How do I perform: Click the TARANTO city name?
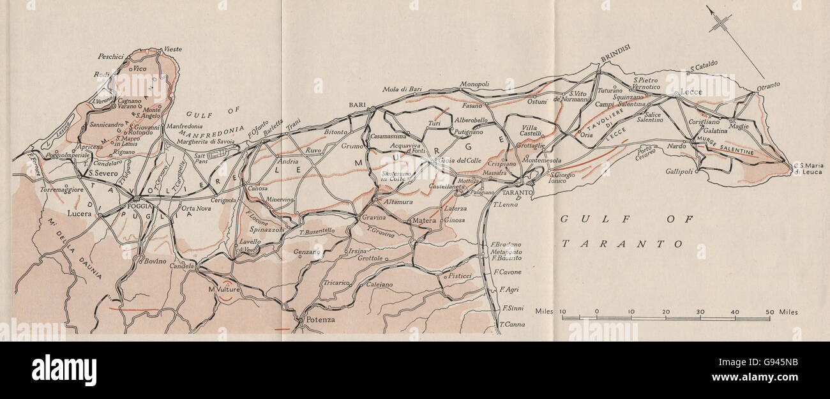click(x=518, y=193)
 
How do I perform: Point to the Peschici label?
click(x=110, y=57)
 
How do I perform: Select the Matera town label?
click(x=423, y=221)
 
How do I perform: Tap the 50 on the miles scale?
click(x=769, y=312)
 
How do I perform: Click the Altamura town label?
click(x=399, y=202)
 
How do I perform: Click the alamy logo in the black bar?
click(x=64, y=370)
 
